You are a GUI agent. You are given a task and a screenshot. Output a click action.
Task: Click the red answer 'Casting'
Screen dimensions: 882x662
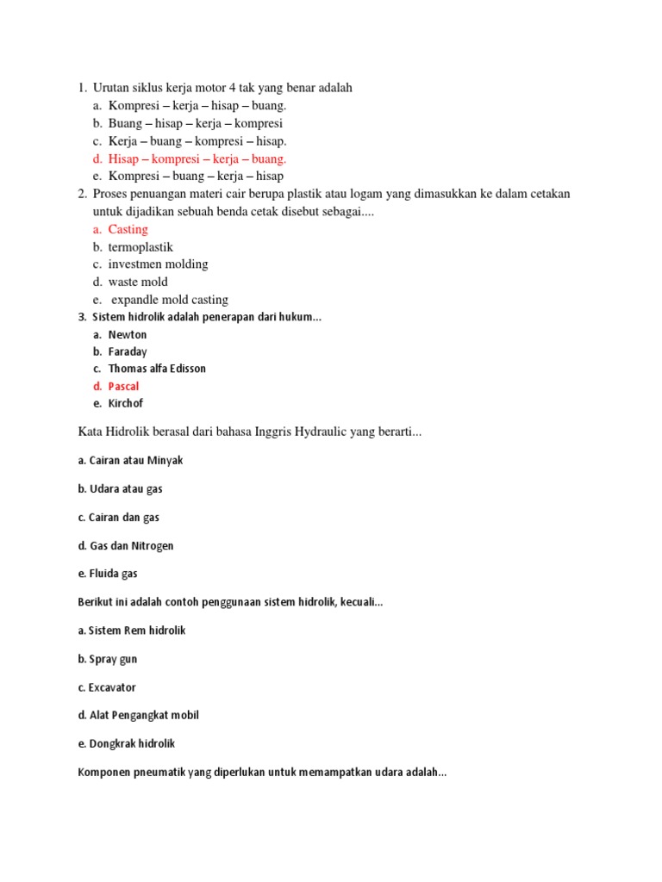128,229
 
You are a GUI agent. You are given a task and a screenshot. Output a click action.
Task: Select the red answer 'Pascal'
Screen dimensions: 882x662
123,386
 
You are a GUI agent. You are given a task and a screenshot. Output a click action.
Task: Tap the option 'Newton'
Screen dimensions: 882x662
128,334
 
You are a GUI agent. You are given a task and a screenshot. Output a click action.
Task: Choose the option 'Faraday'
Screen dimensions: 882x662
128,351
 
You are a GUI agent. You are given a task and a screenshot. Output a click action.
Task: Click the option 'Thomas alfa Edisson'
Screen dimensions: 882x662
157,369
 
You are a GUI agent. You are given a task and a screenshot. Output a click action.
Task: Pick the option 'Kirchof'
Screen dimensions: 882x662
126,403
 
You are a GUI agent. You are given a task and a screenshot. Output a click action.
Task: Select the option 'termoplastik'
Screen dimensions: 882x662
141,247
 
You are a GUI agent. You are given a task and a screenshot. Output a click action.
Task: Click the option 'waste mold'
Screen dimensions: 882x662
138,282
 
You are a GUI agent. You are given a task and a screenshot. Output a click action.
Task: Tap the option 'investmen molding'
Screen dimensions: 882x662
158,264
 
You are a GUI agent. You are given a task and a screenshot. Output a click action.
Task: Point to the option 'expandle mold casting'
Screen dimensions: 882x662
170,300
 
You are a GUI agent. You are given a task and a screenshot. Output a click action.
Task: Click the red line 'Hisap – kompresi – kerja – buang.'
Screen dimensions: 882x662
197,158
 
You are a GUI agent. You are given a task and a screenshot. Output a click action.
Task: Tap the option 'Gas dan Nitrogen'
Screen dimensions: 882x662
126,545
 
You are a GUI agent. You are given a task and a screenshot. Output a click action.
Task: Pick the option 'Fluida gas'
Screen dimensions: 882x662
107,574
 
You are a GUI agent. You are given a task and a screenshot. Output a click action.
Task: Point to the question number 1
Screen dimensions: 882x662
82,88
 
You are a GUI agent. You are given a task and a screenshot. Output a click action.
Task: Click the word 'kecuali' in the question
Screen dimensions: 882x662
359,602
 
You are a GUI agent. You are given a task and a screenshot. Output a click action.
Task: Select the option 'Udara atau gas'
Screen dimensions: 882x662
120,488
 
